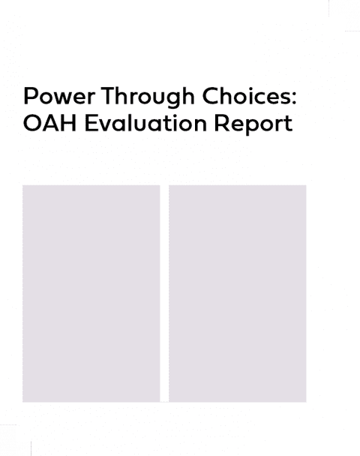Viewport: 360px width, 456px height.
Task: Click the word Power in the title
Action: click(59, 96)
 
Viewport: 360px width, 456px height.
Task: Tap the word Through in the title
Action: click(148, 97)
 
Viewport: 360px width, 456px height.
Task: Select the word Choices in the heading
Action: click(246, 95)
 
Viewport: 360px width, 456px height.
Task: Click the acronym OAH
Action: click(49, 123)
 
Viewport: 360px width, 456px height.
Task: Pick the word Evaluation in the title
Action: click(145, 123)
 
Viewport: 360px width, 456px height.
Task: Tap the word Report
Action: click(253, 124)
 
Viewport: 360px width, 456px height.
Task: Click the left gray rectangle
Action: click(91, 293)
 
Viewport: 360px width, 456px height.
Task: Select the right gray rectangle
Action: click(238, 293)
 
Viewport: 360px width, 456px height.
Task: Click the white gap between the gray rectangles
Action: click(164, 293)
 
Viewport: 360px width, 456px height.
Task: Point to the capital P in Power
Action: click(31, 96)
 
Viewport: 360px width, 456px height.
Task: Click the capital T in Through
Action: click(108, 96)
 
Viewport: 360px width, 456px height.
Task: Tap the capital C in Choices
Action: click(211, 96)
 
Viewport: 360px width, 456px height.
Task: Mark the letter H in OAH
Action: click(69, 123)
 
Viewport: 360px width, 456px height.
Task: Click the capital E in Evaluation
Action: click(91, 123)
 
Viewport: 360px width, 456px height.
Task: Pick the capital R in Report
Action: click(221, 123)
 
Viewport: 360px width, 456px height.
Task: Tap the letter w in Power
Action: click(65, 98)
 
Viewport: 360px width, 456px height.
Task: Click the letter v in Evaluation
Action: click(104, 126)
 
